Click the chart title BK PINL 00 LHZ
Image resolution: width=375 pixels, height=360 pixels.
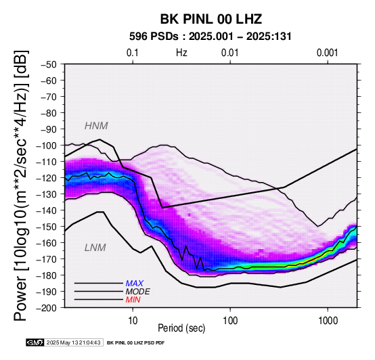point(211,19)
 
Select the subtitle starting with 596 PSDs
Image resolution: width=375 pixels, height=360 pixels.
point(211,37)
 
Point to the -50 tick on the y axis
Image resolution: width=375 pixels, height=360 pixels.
point(49,64)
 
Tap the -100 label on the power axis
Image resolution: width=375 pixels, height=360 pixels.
point(47,145)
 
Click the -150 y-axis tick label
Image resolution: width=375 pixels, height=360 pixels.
point(47,227)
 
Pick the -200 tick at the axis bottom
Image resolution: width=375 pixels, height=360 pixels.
point(47,308)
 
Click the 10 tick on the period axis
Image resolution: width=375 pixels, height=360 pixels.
point(133,321)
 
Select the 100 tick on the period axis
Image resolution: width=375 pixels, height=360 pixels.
point(230,321)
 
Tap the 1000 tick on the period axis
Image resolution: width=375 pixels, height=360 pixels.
point(328,321)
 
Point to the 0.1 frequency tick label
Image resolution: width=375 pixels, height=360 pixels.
point(133,53)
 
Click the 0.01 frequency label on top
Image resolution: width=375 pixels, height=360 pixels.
point(230,53)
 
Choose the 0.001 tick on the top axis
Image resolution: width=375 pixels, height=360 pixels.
point(328,53)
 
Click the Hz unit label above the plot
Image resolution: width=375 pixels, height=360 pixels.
point(181,53)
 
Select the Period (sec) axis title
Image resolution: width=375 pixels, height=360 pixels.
point(181,328)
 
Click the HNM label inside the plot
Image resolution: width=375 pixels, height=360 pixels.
point(96,126)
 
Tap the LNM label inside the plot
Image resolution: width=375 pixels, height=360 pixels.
point(95,248)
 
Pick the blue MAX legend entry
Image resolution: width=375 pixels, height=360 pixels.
point(135,284)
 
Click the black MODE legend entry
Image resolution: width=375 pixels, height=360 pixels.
point(138,292)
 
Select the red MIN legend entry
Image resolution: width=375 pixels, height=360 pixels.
point(133,300)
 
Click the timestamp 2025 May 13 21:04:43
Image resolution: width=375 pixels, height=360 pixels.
point(73,342)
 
